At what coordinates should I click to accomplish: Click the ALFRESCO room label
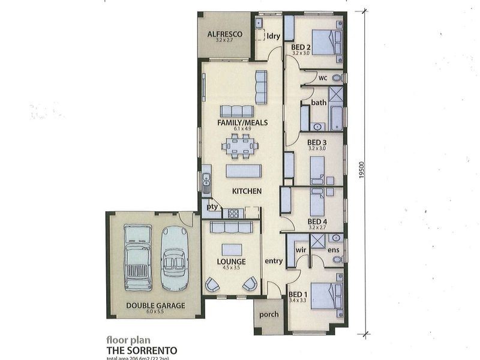[225, 35]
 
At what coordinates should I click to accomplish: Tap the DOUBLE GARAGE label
[155, 305]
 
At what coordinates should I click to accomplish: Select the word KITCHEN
[247, 191]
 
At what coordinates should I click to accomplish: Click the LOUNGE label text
[232, 262]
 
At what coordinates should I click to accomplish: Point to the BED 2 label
[301, 47]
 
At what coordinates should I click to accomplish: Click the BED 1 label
[298, 294]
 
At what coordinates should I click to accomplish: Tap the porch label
[268, 315]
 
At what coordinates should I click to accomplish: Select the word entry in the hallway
[273, 261]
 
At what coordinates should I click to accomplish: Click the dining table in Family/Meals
[239, 145]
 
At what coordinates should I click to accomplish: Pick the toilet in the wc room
[337, 78]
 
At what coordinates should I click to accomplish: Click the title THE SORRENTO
[142, 349]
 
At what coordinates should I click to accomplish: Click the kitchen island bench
[243, 172]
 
